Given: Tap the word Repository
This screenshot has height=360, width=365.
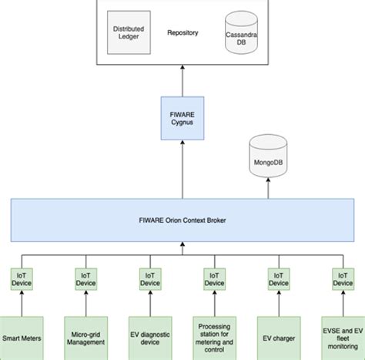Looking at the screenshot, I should click(x=182, y=33).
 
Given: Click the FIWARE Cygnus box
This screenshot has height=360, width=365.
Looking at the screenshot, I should click(x=182, y=117).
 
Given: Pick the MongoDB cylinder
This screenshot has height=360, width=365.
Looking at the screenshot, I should click(x=266, y=160).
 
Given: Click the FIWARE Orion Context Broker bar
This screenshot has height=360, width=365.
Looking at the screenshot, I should click(x=182, y=219).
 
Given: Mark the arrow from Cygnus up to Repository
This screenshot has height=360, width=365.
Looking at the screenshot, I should click(x=182, y=81).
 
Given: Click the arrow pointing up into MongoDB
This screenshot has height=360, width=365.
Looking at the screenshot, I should click(x=266, y=188).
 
